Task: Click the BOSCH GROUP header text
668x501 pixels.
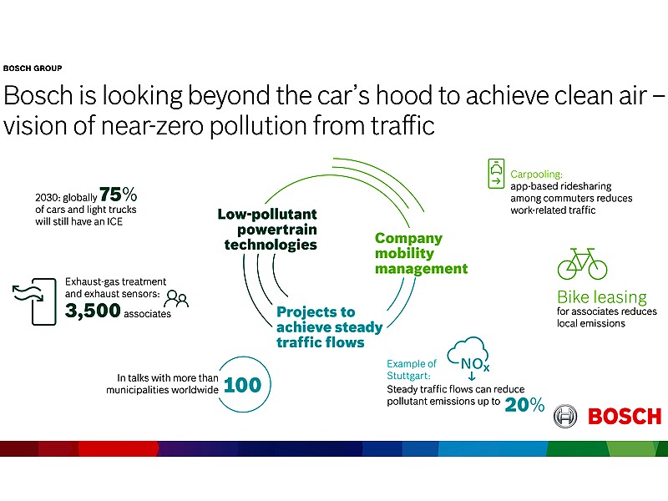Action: pyautogui.click(x=33, y=68)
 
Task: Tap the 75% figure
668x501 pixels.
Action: pyautogui.click(x=119, y=195)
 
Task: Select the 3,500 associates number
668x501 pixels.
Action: pyautogui.click(x=93, y=311)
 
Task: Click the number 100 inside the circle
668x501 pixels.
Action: pyautogui.click(x=242, y=385)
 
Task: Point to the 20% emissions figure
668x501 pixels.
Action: pyautogui.click(x=524, y=405)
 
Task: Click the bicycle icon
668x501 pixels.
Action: pyautogui.click(x=582, y=264)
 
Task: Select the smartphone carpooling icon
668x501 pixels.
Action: pyautogui.click(x=496, y=174)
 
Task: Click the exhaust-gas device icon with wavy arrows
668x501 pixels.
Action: pyautogui.click(x=34, y=301)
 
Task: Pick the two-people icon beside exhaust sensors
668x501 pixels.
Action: pyautogui.click(x=176, y=299)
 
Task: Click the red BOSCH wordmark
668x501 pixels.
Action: pyautogui.click(x=625, y=416)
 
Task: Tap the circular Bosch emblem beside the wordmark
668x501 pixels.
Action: pyautogui.click(x=565, y=416)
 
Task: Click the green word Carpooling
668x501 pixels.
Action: pyautogui.click(x=536, y=175)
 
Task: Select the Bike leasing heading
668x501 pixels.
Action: pyautogui.click(x=602, y=296)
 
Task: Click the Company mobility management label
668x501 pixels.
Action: pyautogui.click(x=422, y=253)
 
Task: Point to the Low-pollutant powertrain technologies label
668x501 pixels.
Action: pyautogui.click(x=267, y=229)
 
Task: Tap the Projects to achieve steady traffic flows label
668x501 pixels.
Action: pyautogui.click(x=330, y=327)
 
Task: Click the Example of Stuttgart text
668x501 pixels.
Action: pyautogui.click(x=412, y=370)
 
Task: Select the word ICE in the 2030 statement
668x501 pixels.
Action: pyautogui.click(x=114, y=221)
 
